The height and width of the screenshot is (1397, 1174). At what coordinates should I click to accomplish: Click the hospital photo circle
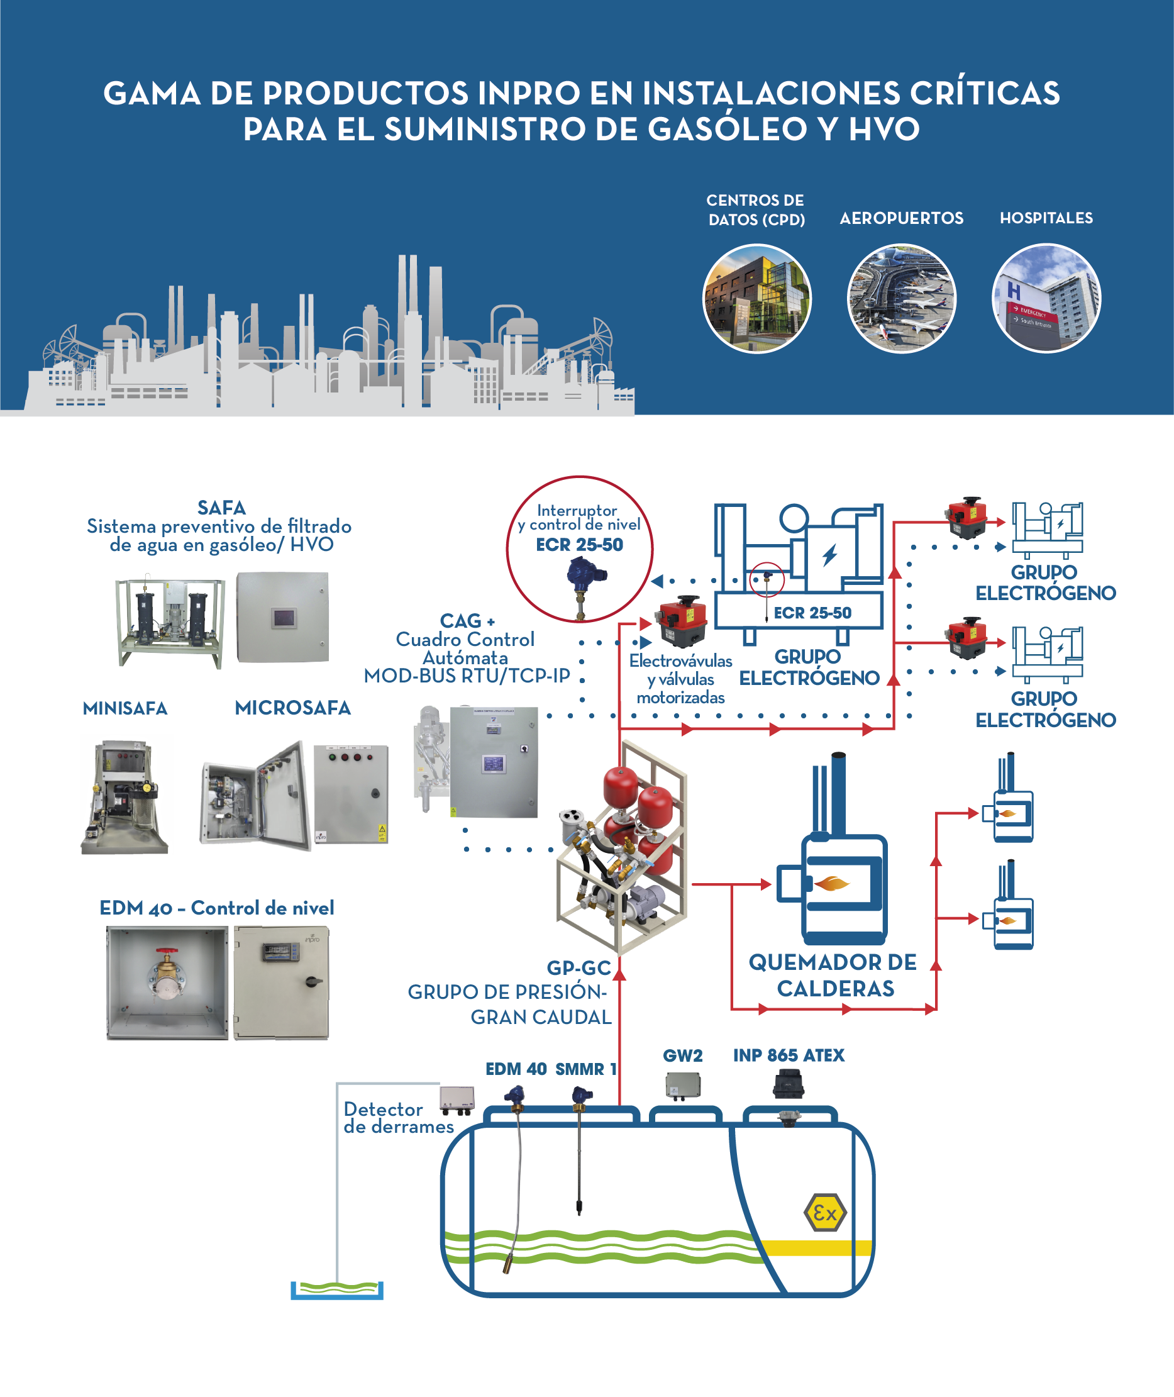coord(1046,298)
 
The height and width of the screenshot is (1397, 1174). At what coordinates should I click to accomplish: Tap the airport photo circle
coord(901,298)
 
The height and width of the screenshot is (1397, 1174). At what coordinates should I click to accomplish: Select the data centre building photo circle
coord(756,298)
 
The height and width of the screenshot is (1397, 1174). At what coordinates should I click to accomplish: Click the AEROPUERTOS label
coord(901,218)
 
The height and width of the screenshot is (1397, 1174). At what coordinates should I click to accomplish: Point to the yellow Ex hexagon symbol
coord(824,1213)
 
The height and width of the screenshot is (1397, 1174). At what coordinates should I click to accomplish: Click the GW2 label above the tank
coord(682,1055)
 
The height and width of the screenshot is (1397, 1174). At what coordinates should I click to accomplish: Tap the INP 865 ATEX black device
coord(788,1084)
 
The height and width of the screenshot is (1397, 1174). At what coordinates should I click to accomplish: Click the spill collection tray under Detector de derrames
coord(337,1290)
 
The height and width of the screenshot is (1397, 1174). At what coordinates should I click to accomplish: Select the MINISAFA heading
coord(125,708)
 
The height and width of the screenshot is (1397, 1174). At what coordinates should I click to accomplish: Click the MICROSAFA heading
coord(292,708)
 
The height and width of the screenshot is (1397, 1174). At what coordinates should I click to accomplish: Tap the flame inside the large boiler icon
coord(831,883)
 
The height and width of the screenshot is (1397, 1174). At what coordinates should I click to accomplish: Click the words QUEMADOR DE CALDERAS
coord(833,975)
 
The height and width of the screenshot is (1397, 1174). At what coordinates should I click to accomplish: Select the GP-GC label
coord(579,968)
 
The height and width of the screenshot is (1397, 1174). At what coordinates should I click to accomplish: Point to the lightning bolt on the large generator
coord(829,554)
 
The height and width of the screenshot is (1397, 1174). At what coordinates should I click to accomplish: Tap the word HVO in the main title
coord(884,129)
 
